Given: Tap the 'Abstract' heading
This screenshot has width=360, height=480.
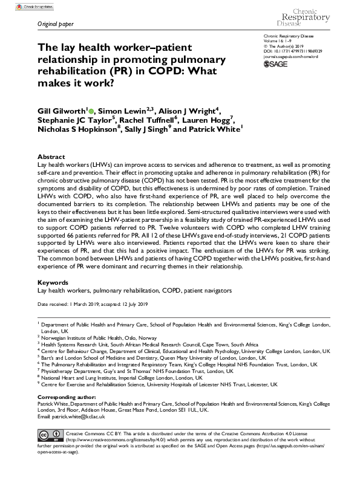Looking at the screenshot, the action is pos(51,156).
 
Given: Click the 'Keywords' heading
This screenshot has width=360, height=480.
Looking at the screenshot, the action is pos(53,282).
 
